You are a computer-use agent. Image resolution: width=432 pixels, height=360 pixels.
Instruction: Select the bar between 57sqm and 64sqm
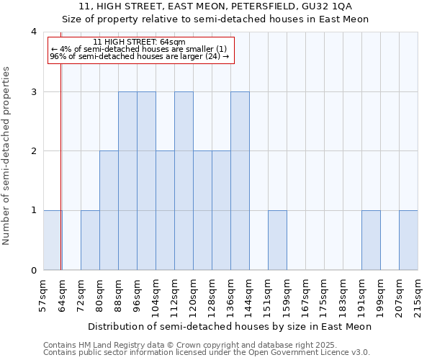[x=52, y=240]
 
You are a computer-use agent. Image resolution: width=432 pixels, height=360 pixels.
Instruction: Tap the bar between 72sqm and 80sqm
[x=90, y=240]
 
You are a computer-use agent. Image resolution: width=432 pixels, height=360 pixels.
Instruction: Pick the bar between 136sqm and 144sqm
[x=240, y=181]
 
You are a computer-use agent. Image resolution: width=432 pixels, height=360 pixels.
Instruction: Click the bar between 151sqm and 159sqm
[x=277, y=240]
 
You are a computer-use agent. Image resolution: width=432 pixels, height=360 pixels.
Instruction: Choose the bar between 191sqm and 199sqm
[x=371, y=240]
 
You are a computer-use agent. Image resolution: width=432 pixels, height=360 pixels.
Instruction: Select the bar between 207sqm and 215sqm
[x=408, y=240]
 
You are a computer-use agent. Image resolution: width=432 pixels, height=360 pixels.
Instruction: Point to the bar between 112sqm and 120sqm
[x=184, y=181]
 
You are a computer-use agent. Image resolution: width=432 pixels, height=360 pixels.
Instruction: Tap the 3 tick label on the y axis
[x=34, y=91]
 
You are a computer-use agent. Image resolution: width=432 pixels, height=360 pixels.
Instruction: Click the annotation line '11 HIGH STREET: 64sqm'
[x=140, y=42]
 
